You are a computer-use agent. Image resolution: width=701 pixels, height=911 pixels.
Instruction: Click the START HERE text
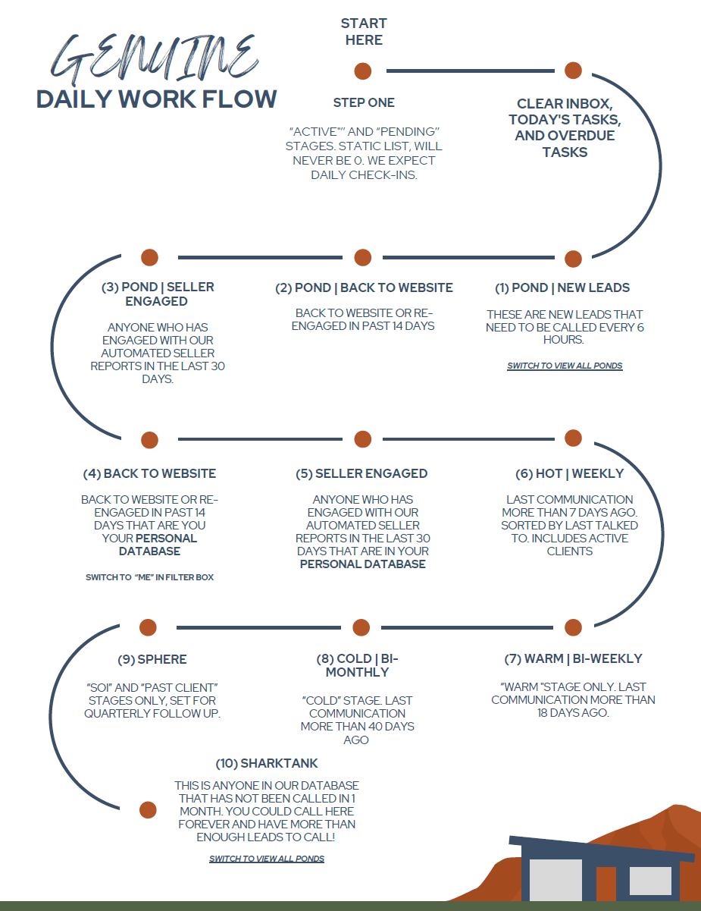[x=364, y=32]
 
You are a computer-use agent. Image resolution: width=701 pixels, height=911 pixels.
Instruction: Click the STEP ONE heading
[x=364, y=102]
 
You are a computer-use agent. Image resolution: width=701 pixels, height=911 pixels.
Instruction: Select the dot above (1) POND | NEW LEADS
[x=573, y=259]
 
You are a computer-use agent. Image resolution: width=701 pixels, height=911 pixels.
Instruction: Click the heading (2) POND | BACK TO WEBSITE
[x=364, y=287]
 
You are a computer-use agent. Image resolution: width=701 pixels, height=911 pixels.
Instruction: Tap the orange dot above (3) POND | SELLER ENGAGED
[x=149, y=257]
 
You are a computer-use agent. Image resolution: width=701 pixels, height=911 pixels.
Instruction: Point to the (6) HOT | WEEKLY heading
[x=569, y=473]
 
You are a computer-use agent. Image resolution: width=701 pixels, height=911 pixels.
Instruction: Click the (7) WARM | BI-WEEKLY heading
[x=573, y=658]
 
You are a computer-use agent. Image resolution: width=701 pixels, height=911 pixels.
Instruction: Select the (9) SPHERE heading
[x=152, y=659]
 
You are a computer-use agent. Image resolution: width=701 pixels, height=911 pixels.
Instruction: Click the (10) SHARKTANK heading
[x=267, y=763]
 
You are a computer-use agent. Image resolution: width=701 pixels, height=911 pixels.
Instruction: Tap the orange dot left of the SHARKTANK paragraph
[x=148, y=809]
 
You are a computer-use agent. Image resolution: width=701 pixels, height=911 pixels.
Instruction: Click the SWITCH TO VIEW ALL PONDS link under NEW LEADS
[x=565, y=366]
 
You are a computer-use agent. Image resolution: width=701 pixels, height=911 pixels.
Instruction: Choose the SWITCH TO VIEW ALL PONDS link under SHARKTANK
[x=267, y=859]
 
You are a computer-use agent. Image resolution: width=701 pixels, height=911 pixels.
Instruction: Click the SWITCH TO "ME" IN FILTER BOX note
[x=149, y=577]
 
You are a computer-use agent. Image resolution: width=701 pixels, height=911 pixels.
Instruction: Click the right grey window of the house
[x=650, y=881]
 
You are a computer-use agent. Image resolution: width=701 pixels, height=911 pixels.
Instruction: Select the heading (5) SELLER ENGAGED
[x=361, y=473]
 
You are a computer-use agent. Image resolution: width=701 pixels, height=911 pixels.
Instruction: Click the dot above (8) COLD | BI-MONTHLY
[x=362, y=627]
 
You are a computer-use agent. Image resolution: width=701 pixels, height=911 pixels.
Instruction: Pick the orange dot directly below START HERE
[x=363, y=71]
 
